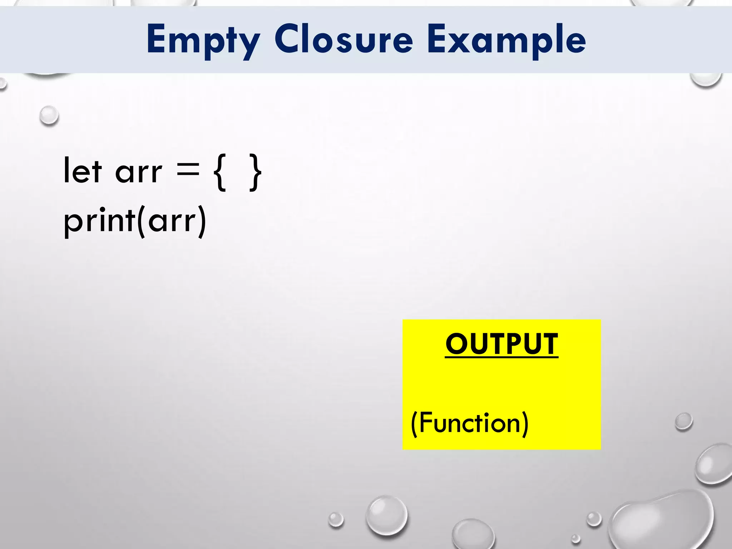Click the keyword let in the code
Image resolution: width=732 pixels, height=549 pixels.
click(x=83, y=171)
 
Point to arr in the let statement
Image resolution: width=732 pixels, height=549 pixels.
click(x=139, y=173)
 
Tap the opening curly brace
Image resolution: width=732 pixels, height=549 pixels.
click(x=220, y=172)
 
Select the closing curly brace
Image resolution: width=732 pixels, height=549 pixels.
click(x=255, y=172)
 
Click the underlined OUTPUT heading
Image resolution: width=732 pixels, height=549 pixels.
click(x=501, y=344)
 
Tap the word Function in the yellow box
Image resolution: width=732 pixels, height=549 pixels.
click(x=469, y=423)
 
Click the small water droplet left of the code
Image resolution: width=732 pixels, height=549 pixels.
click(x=49, y=115)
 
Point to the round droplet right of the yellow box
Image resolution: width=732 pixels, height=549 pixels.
click(x=684, y=421)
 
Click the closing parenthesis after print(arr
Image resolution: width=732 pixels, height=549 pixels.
click(x=202, y=222)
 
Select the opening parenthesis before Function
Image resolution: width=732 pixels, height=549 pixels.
click(x=414, y=424)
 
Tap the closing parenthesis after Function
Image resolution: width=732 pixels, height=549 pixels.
click(x=525, y=424)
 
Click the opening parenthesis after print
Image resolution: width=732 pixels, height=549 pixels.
click(x=142, y=222)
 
